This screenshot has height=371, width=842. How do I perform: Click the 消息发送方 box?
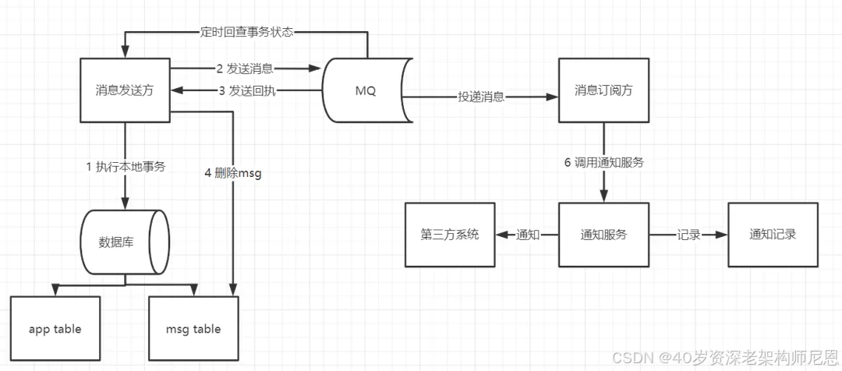click(126, 90)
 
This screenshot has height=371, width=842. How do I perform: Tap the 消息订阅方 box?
click(603, 90)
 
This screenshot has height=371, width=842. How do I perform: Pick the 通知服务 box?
click(603, 235)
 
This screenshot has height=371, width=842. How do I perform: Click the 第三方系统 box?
click(449, 235)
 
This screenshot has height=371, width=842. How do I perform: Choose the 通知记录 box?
click(773, 235)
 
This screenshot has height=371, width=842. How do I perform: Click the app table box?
click(55, 329)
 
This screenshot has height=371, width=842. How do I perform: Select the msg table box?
click(193, 329)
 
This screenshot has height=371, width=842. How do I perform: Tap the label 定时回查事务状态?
click(246, 33)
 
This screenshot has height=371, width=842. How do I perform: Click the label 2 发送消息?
click(245, 69)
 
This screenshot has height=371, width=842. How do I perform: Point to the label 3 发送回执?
click(246, 90)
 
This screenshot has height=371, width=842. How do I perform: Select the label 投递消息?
click(481, 97)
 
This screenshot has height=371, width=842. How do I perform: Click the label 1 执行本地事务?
click(126, 165)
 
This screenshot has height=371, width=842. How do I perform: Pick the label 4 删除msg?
click(233, 173)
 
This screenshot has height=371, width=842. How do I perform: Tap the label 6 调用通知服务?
click(603, 163)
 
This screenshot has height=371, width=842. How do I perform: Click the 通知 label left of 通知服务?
click(528, 235)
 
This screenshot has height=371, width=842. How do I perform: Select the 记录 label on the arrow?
click(688, 235)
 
